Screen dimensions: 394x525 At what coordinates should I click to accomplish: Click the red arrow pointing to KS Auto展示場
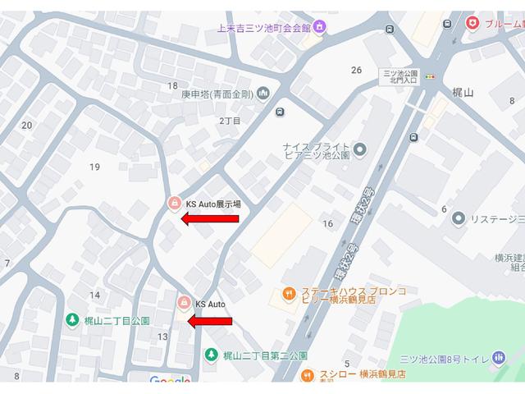pos(210,218)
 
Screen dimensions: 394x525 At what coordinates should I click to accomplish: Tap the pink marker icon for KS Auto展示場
pos(174,203)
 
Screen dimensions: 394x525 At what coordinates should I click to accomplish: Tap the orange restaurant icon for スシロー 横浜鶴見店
pos(308,374)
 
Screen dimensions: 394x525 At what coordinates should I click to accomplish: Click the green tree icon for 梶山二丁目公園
pos(72,319)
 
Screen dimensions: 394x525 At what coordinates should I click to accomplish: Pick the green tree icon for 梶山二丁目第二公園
pos(211,355)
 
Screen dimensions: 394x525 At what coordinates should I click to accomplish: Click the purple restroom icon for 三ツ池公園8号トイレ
pos(498,357)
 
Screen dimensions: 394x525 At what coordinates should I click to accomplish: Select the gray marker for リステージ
pos(457,218)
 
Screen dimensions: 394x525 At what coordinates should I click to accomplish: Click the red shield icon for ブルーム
pos(472,24)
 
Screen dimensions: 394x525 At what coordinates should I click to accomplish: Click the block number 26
pos(356,70)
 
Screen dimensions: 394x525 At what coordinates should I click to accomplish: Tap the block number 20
pos(27,125)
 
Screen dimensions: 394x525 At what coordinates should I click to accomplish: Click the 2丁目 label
pos(230,121)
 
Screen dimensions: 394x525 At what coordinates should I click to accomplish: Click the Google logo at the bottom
pos(170,382)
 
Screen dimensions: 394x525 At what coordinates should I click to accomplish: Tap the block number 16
pos(328,223)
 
